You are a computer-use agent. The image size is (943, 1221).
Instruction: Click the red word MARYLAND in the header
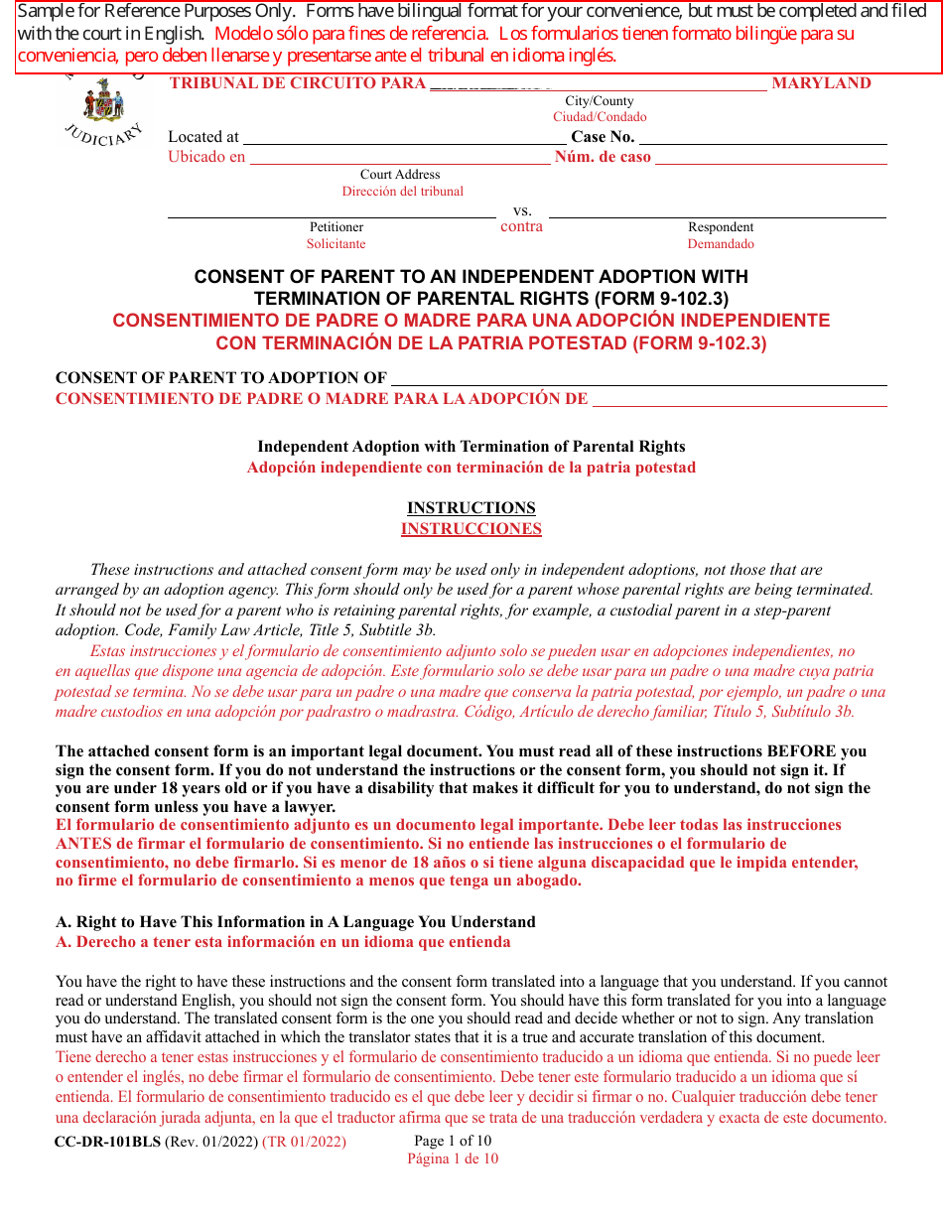pos(821,83)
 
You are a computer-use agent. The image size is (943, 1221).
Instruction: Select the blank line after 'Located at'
pos(404,138)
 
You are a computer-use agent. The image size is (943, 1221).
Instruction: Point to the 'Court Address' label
pos(400,175)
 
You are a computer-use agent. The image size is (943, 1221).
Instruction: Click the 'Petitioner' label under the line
pos(337,227)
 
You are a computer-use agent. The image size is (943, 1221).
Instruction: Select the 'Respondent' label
pos(721,227)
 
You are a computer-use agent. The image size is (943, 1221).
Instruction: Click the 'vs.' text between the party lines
pos(522,210)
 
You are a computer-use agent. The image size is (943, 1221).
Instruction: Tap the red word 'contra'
pos(522,226)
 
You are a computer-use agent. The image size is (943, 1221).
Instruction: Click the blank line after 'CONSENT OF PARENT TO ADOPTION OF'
pos(638,378)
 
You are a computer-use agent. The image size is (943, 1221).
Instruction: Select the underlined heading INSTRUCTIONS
pos(471,507)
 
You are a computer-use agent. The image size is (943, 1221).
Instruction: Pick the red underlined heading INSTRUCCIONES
pos(471,529)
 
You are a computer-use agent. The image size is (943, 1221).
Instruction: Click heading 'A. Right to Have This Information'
pos(296,922)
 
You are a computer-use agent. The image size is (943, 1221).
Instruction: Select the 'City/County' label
pos(600,101)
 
